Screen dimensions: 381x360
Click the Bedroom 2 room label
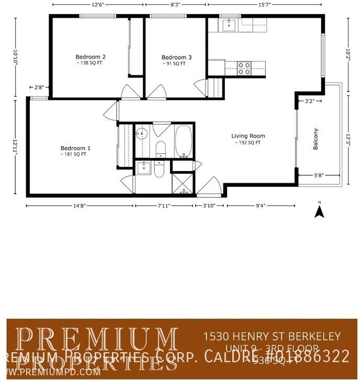[x=91, y=57]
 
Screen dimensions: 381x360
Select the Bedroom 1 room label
[x=75, y=148]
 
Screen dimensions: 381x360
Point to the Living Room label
[x=248, y=136]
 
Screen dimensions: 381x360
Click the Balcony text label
[x=316, y=140]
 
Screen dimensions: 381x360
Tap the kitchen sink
[x=229, y=24]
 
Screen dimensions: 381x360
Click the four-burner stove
[x=244, y=68]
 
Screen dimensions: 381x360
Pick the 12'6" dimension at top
[x=96, y=5]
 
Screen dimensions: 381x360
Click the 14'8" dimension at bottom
[x=79, y=206]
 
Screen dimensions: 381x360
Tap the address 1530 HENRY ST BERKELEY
[x=272, y=336]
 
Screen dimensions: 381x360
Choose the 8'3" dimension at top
[x=176, y=5]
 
